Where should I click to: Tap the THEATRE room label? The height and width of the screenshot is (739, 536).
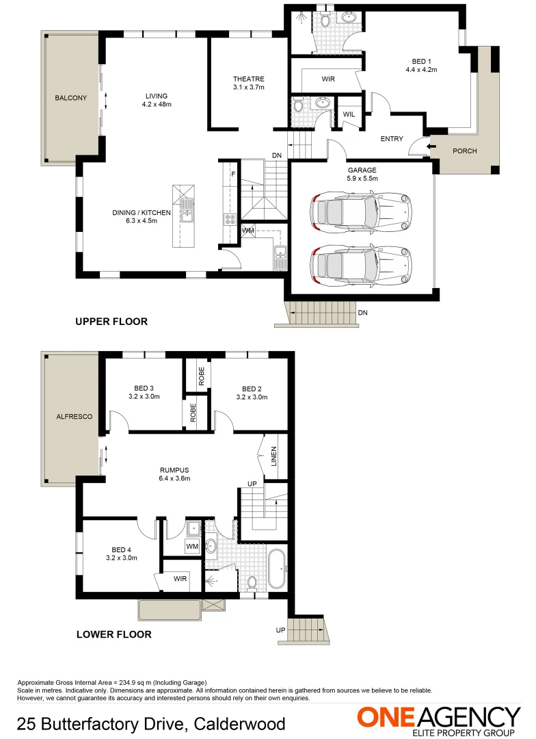click(248, 79)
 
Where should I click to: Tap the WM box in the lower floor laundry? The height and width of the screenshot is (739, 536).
click(192, 547)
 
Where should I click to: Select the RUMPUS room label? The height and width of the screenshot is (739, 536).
click(174, 470)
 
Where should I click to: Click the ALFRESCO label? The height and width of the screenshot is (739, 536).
click(75, 416)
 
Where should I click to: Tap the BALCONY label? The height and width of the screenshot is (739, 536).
click(71, 98)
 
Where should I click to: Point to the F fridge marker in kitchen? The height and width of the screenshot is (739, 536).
click(232, 174)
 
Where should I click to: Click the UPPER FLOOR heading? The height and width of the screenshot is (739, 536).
click(111, 321)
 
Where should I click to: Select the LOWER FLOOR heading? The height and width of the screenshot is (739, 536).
click(113, 634)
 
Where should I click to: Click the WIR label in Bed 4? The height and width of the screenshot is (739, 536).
click(180, 579)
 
